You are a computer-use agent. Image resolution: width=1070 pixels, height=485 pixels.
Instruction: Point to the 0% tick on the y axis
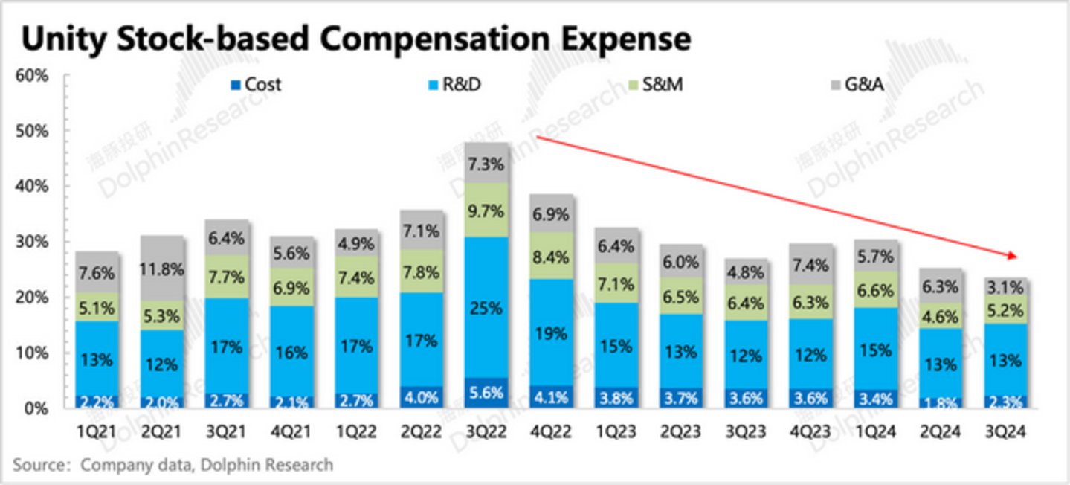coord(36,408)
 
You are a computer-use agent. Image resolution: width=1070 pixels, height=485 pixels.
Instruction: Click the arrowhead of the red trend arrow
coord(1012,255)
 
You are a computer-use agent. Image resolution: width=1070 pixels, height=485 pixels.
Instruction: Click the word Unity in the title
coord(60,39)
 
